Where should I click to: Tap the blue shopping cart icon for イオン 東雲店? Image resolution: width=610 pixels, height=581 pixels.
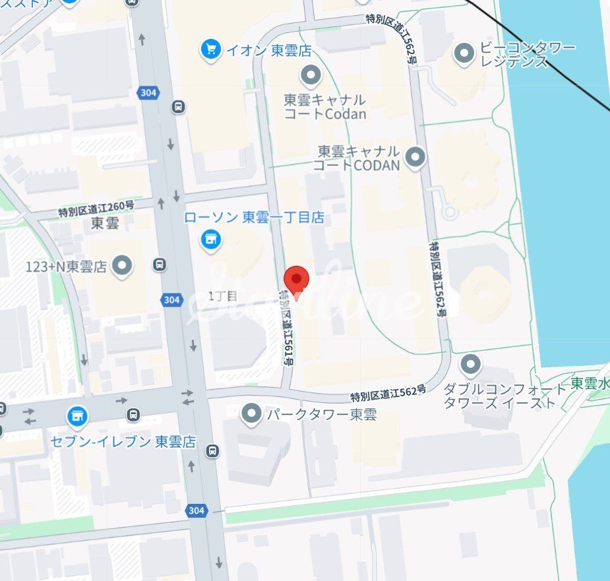(210, 49)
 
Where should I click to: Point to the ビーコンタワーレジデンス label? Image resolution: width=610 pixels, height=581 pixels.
(528, 55)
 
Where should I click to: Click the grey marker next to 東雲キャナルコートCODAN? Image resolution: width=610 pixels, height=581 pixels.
(415, 158)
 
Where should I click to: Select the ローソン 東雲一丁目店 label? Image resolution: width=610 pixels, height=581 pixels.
(254, 217)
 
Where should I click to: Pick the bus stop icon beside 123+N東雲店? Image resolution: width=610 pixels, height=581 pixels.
(159, 265)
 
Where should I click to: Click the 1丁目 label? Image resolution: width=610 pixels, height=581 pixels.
(222, 296)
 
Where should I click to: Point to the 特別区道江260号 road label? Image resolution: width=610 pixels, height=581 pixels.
(96, 209)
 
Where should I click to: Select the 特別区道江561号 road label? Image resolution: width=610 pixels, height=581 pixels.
(288, 328)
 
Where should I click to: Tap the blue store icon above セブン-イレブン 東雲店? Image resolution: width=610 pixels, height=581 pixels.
(77, 416)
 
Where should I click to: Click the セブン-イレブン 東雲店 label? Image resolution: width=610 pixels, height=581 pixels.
(123, 442)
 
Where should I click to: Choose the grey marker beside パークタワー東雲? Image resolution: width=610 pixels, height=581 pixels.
(251, 414)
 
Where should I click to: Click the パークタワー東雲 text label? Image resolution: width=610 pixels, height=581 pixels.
(321, 415)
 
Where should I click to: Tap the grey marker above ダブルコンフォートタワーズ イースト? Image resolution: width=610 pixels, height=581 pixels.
(470, 363)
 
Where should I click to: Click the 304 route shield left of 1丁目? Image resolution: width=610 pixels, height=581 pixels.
(171, 299)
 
